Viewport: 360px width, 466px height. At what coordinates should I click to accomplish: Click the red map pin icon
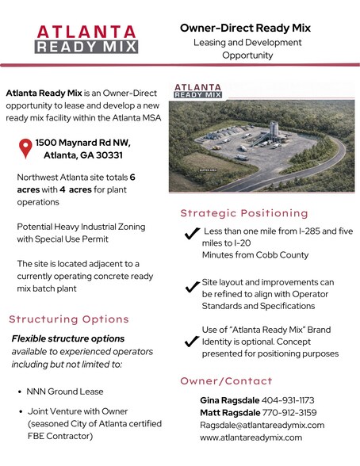25,148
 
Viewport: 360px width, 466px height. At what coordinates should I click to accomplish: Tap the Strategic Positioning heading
244,213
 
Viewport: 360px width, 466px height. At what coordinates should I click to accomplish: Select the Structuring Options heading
69,319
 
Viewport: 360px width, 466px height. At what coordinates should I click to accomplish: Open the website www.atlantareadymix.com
251,437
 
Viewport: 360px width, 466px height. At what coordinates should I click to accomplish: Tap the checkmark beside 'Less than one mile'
191,233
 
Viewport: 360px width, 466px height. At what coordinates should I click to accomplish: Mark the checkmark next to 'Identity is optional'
191,342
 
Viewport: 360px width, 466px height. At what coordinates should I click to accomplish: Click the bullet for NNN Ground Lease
18,392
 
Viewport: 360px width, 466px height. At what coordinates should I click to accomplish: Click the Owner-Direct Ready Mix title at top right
244,28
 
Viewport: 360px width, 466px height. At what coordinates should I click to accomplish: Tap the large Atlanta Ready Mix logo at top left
87,38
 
